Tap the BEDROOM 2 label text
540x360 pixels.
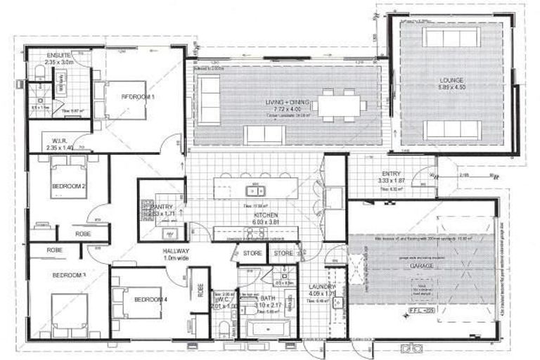coord(68,186)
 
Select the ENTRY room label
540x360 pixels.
coord(392,173)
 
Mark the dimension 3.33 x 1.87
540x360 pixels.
coord(392,181)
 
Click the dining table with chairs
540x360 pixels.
coord(339,106)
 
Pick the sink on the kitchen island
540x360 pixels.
coord(252,190)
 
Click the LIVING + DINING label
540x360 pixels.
coord(287,103)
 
